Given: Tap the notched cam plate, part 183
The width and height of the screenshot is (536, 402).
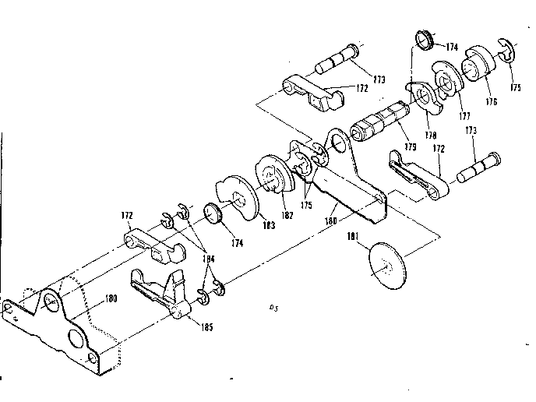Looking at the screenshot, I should [x=237, y=195].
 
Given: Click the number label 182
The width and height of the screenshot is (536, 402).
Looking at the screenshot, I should [x=287, y=215].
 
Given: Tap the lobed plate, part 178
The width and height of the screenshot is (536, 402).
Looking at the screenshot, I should [x=424, y=97].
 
